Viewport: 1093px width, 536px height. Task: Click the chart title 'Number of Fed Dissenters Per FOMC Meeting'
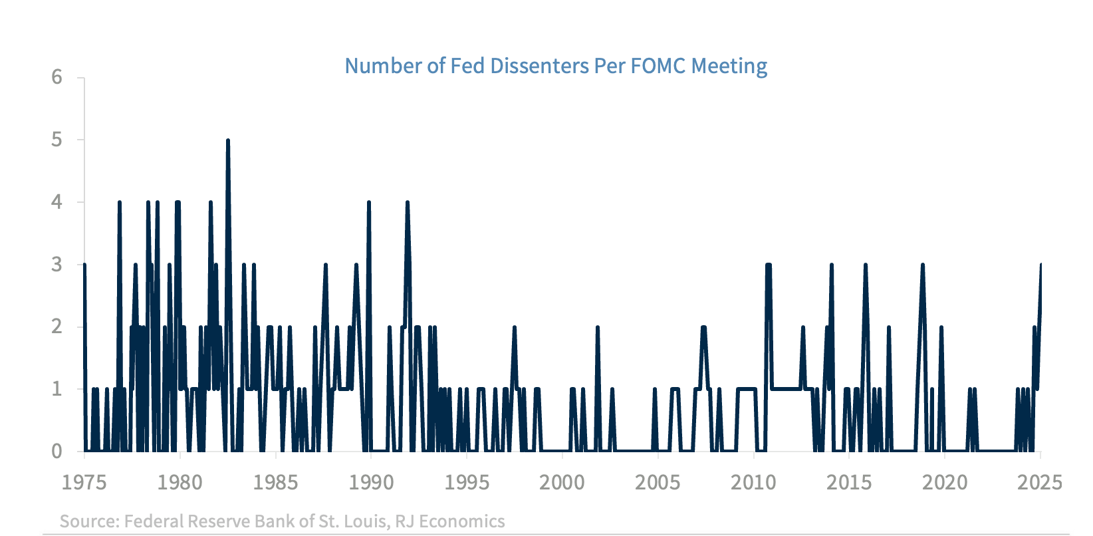(x=556, y=66)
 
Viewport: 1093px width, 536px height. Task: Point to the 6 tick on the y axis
(x=57, y=77)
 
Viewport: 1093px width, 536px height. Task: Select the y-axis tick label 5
(x=57, y=140)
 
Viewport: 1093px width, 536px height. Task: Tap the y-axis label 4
(x=57, y=202)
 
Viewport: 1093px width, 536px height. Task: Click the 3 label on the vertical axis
(x=57, y=265)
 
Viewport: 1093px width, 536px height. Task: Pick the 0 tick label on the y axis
(x=57, y=452)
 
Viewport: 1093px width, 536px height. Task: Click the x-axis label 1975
(x=84, y=482)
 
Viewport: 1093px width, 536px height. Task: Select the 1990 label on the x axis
(x=371, y=482)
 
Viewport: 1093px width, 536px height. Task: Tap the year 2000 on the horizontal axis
(x=562, y=482)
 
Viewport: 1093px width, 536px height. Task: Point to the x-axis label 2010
(x=753, y=482)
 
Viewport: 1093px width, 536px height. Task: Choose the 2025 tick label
(x=1040, y=482)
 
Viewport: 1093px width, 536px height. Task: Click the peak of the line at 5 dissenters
(x=228, y=140)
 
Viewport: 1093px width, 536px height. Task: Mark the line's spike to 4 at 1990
(x=369, y=202)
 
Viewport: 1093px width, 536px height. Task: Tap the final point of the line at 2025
(x=1040, y=265)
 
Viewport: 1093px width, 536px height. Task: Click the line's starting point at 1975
(x=84, y=265)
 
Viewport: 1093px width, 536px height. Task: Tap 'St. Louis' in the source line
(x=353, y=521)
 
